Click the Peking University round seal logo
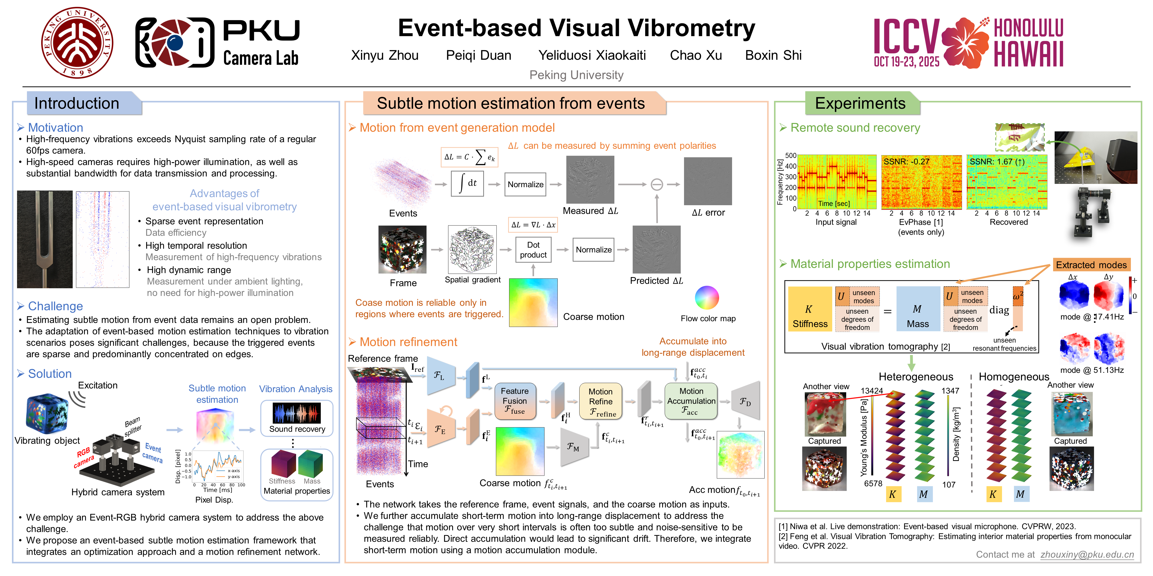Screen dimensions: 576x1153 [77, 42]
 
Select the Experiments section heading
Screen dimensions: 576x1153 [860, 103]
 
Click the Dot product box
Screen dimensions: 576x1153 [533, 250]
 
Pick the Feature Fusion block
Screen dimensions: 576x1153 [515, 401]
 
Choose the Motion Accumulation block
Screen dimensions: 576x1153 [691, 401]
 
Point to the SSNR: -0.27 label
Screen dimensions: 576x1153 [906, 162]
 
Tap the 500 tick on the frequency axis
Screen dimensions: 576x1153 [791, 156]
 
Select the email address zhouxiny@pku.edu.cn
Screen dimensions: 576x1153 [1087, 554]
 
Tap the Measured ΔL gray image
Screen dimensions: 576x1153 [590, 180]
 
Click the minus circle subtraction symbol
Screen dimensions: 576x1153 [657, 184]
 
